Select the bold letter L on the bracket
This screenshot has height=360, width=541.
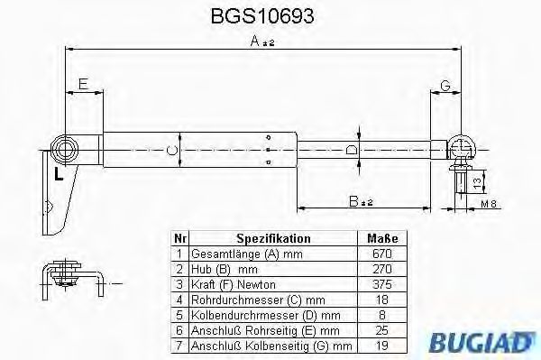[x=58, y=172]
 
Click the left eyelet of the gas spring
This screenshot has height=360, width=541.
[x=65, y=146]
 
